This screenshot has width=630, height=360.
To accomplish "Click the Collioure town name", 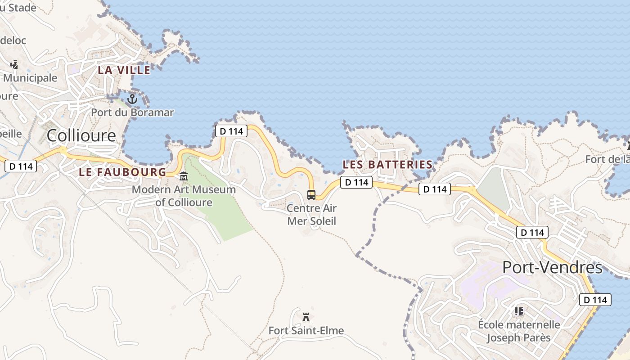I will [x=81, y=135].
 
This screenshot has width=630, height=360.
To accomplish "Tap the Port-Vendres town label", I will [x=552, y=267].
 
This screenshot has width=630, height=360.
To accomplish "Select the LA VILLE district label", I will [x=124, y=70].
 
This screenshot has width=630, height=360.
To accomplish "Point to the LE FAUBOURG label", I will [x=122, y=172].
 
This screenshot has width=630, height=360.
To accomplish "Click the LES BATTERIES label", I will [x=387, y=165].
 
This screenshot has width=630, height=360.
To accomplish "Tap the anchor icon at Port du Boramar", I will [x=132, y=99].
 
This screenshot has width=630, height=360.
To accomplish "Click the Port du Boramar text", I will [x=132, y=112].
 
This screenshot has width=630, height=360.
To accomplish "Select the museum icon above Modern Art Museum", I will [x=183, y=176].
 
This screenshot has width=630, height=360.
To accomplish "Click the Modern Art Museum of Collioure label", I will [x=184, y=196].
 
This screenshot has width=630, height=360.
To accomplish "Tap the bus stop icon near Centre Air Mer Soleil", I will [x=311, y=195].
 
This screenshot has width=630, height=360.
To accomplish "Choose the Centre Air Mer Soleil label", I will [x=311, y=215].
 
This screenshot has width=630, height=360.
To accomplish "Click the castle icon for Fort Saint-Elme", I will [x=306, y=317].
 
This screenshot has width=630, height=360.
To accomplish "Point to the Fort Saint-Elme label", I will [x=306, y=331].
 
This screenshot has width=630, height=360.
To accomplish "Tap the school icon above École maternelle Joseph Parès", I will [x=518, y=311].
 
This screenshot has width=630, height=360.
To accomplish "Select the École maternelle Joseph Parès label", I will [x=519, y=331].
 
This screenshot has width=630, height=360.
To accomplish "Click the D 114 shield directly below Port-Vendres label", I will [x=595, y=300].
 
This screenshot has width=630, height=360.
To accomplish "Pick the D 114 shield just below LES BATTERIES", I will [x=356, y=182].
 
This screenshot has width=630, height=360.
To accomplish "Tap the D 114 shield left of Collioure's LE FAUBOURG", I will [x=21, y=166].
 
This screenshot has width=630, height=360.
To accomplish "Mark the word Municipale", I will [x=31, y=78].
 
